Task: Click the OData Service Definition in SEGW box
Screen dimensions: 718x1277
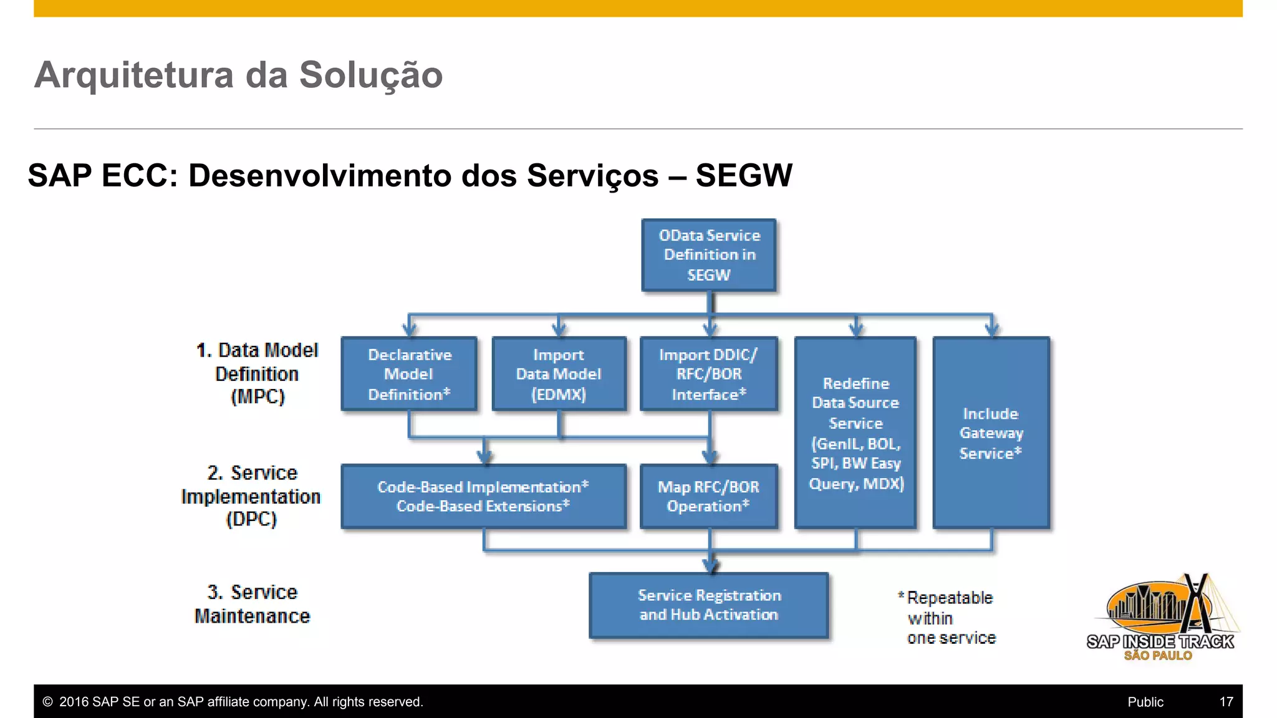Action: point(709,255)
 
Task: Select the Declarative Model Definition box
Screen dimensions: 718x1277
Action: point(409,374)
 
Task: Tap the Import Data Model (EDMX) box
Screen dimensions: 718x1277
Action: point(559,374)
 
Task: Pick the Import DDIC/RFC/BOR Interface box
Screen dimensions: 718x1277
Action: point(709,374)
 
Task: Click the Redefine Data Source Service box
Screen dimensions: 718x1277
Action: point(855,433)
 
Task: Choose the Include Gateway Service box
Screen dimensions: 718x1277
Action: point(991,433)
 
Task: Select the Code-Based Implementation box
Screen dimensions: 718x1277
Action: point(483,496)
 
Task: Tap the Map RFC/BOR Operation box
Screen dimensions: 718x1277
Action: point(709,496)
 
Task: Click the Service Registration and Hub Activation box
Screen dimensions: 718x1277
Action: point(709,605)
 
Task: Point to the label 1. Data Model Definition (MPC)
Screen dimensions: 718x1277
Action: point(257,373)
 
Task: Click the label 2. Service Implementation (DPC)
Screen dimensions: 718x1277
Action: point(251,496)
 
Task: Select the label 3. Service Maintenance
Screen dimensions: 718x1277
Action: point(252,604)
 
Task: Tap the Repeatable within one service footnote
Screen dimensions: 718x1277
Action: point(948,618)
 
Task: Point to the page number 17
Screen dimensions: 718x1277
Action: point(1226,702)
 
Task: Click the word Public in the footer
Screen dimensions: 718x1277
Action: point(1145,702)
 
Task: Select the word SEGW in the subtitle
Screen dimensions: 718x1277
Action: point(743,175)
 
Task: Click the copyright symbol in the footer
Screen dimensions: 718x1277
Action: point(47,702)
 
